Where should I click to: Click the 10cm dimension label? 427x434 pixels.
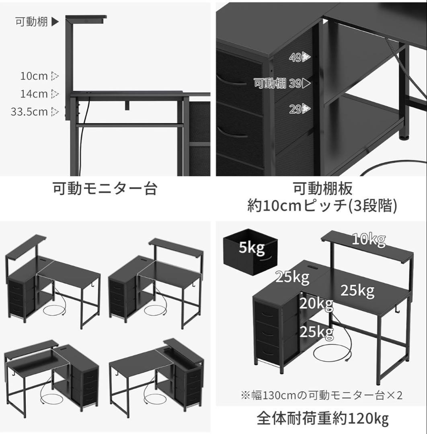[34, 76]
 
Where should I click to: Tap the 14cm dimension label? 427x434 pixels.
[34, 94]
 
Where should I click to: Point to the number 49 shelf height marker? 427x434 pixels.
[296, 57]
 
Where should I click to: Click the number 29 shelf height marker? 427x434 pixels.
[296, 108]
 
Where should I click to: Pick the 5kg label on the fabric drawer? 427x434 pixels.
[251, 248]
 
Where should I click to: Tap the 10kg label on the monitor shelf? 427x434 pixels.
[369, 240]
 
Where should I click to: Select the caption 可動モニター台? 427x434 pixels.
[105, 188]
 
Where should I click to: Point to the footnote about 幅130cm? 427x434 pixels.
[321, 395]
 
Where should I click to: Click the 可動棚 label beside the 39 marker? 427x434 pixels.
[270, 84]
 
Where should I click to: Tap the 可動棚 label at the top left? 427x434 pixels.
[32, 22]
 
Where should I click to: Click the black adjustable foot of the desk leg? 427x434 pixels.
[403, 137]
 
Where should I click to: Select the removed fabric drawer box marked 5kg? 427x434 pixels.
[250, 252]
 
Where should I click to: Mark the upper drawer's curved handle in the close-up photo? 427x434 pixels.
[234, 82]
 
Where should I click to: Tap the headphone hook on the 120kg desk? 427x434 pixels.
[409, 311]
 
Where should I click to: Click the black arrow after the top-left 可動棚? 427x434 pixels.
[55, 22]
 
